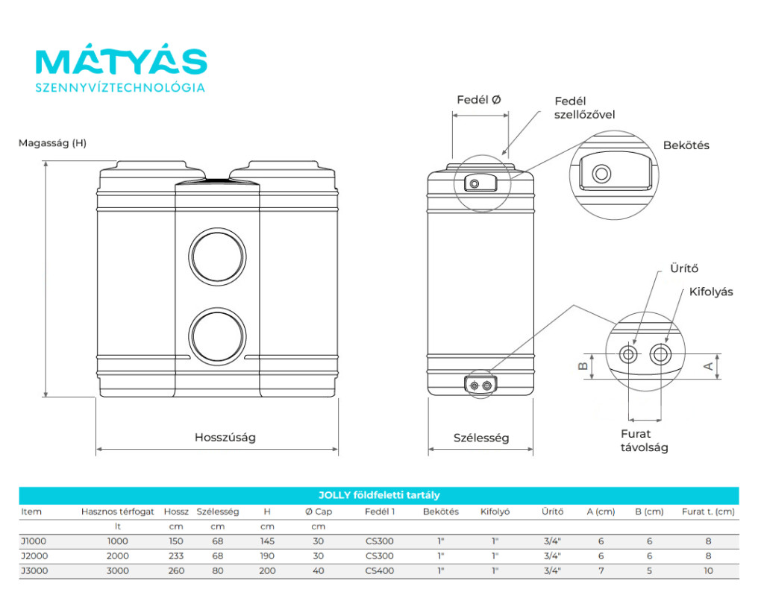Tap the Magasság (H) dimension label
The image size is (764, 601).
(53, 143)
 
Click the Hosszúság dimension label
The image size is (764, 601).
(225, 438)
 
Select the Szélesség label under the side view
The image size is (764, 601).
(481, 438)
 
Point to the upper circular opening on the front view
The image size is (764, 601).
(217, 228)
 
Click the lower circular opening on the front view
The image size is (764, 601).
(217, 308)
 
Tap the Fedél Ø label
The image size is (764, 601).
(479, 100)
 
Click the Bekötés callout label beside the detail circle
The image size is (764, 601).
(686, 145)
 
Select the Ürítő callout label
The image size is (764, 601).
(684, 268)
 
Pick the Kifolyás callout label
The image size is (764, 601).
(711, 292)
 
